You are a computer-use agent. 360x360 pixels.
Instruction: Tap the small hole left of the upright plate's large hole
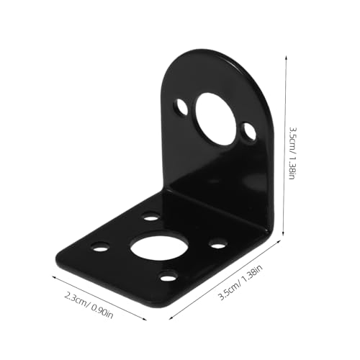(x=181, y=109)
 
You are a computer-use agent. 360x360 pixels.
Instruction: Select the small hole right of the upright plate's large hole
(x=248, y=132)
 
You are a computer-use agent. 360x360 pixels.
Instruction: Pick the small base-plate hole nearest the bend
(x=150, y=215)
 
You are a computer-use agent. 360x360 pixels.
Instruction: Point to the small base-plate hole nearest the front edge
(x=168, y=276)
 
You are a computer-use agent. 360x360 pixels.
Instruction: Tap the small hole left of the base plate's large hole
(x=101, y=246)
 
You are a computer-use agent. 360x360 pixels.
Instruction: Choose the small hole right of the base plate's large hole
(x=218, y=243)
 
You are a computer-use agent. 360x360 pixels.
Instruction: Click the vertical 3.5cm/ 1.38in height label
(x=291, y=154)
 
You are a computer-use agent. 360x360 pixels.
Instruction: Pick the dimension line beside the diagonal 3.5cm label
(x=223, y=282)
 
